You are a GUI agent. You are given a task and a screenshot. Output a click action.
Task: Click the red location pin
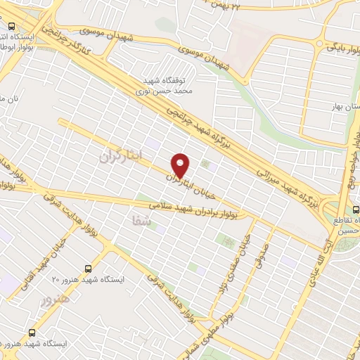[181, 165]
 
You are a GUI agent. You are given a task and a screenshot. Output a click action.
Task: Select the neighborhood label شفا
[141, 221]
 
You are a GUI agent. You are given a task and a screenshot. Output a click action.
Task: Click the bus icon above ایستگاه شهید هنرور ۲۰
[88, 269]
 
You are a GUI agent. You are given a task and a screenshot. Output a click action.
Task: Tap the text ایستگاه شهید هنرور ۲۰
[90, 280]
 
